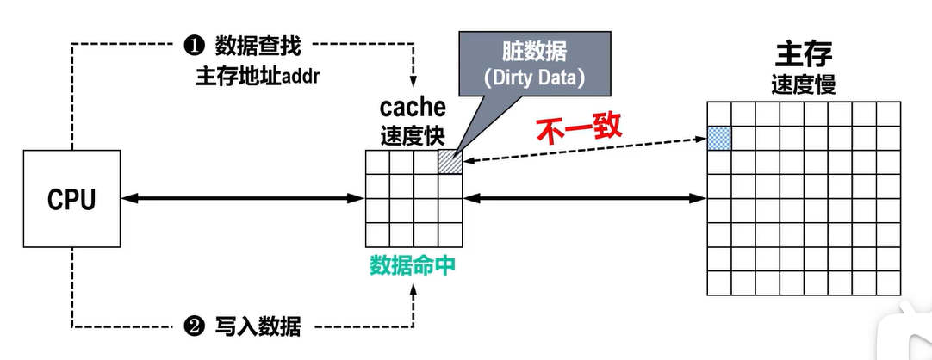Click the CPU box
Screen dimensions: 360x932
coord(71,199)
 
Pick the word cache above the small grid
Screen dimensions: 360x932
coord(413,109)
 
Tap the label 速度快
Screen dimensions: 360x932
coord(413,135)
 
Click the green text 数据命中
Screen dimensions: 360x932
coord(413,265)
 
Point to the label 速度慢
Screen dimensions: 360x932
coord(803,84)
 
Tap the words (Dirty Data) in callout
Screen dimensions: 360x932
coord(534,77)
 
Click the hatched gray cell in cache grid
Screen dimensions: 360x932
coord(450,162)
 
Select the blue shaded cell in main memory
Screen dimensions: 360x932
coord(719,138)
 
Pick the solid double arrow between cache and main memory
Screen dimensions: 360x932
coord(585,199)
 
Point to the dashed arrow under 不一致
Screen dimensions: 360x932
coord(585,150)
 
